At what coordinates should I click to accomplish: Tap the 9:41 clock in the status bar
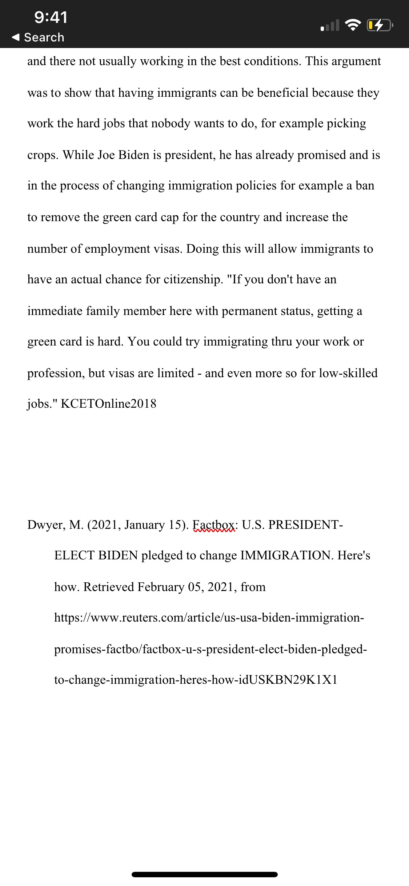51,17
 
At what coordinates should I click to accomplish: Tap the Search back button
38,37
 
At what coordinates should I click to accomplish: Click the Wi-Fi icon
352,25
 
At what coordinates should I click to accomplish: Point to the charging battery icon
380,25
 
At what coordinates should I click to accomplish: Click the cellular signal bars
330,25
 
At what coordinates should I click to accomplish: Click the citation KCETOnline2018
108,404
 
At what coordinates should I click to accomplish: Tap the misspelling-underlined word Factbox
214,525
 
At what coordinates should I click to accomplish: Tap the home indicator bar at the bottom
204,874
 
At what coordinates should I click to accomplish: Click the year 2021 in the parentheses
105,525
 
